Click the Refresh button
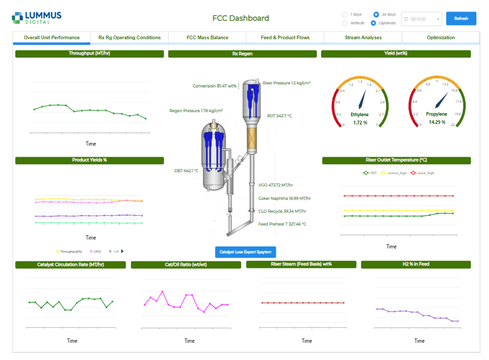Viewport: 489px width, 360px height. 461,19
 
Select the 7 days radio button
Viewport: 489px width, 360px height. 345,14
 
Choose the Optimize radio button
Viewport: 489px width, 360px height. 374,23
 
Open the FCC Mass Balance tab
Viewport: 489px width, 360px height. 207,37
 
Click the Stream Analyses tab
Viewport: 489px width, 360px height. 363,37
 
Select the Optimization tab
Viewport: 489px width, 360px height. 440,37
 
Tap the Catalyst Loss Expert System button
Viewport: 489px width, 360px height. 246,252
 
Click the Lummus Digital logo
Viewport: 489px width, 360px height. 36,18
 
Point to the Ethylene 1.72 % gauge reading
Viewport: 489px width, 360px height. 360,122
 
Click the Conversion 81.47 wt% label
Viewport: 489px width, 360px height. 214,86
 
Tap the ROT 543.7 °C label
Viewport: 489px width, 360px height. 279,116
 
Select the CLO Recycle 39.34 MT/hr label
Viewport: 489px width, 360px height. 282,211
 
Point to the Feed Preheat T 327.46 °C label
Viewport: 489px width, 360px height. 282,224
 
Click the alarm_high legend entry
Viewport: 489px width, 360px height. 422,173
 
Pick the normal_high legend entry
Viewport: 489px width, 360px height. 394,173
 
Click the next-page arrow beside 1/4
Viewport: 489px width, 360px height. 122,251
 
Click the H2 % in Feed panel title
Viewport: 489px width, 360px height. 416,264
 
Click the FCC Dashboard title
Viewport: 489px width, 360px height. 241,18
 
